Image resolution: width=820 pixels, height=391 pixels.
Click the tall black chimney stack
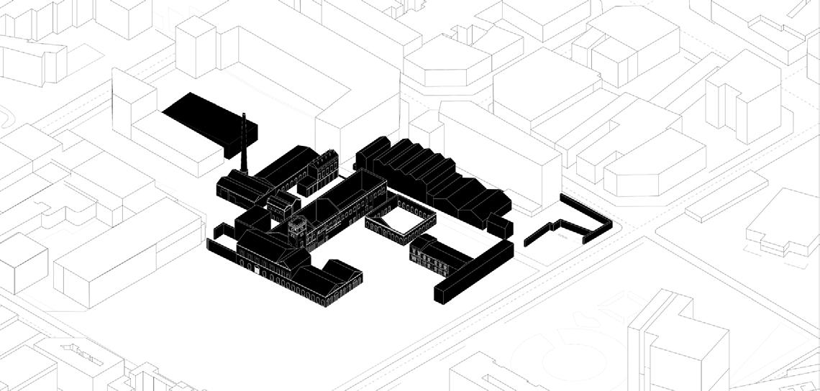point(245,144)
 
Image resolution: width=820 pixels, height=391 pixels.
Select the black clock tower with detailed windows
point(296,232)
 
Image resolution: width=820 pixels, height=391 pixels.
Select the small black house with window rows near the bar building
point(429,254)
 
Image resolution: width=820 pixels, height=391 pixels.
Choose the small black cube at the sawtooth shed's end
point(499,226)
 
